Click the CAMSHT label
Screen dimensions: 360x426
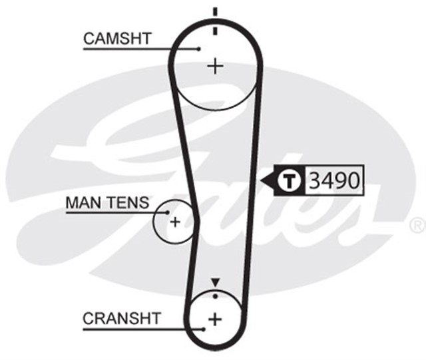(x=117, y=39)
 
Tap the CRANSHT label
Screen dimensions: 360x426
(x=122, y=319)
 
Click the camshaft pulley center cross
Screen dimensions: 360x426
(x=214, y=66)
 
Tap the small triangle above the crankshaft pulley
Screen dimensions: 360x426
(x=214, y=283)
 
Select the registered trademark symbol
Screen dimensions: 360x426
(x=417, y=222)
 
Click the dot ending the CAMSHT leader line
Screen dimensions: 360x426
(x=199, y=48)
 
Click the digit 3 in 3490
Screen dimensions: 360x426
(x=315, y=180)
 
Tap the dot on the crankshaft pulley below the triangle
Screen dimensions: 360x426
(x=214, y=295)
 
